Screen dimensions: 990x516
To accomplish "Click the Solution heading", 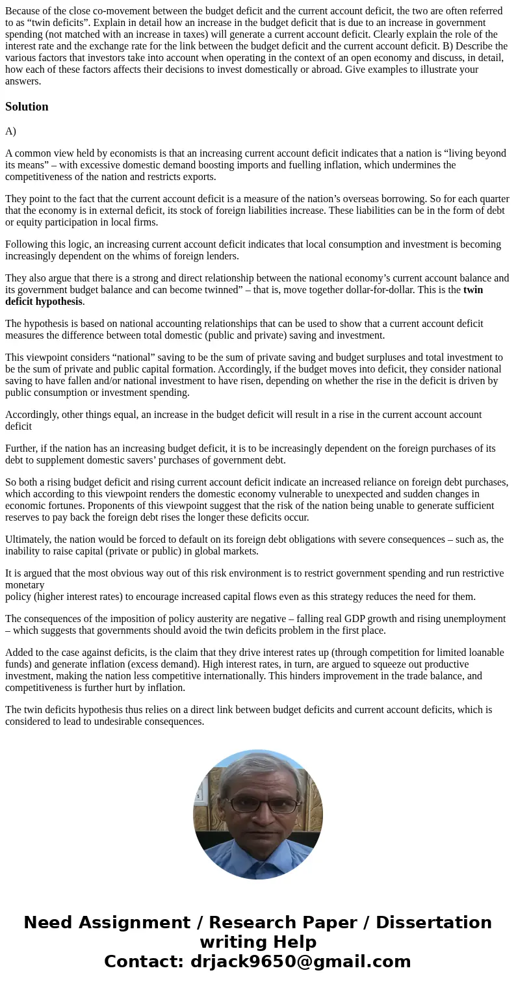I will pos(27,107).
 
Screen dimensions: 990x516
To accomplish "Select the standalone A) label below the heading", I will pos(10,131).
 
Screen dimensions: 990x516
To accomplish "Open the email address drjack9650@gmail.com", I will pos(300,961).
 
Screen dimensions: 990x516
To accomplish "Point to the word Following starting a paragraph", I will pos(27,244).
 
